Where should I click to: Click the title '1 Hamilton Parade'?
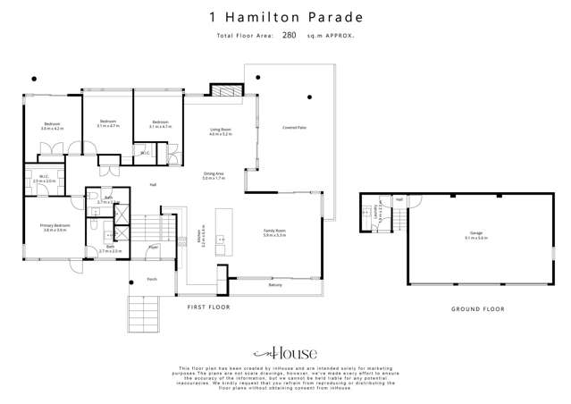tap(285, 16)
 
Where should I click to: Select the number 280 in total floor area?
tap(289, 36)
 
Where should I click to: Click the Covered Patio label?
tap(295, 128)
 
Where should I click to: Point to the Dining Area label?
tap(214, 175)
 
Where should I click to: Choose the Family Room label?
tap(274, 231)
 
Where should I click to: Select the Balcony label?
tap(276, 285)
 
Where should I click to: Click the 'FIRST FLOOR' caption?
tap(207, 307)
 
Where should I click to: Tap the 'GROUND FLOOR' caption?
tap(477, 308)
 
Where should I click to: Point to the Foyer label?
tap(153, 246)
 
